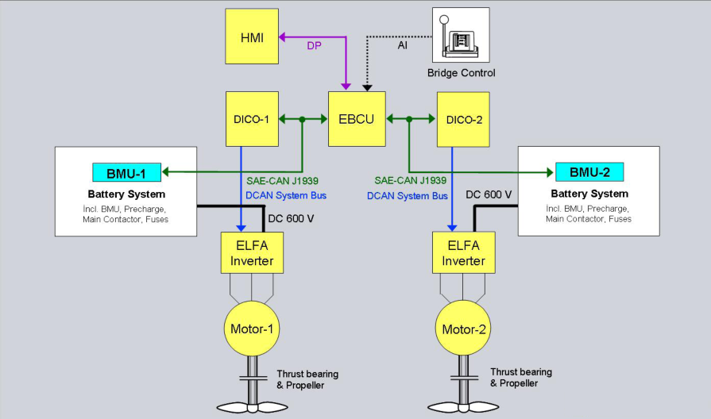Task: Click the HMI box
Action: (252, 37)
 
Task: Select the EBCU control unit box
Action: (357, 119)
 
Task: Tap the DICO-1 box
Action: (252, 119)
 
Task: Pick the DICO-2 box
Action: (463, 120)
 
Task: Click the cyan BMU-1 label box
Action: (126, 172)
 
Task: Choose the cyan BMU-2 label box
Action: (589, 172)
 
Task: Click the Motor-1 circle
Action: (252, 329)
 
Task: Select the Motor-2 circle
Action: (463, 328)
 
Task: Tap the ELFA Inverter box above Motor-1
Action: (252, 253)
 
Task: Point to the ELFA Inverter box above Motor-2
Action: (463, 253)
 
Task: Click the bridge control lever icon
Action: (461, 35)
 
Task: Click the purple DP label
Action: (315, 46)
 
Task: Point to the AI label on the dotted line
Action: (402, 45)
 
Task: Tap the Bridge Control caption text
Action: (461, 73)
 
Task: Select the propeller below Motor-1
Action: (252, 407)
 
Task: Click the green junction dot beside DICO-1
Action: (303, 119)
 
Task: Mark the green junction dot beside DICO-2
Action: (409, 119)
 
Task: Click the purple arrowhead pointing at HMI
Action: (282, 37)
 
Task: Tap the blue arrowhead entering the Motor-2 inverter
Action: (452, 228)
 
